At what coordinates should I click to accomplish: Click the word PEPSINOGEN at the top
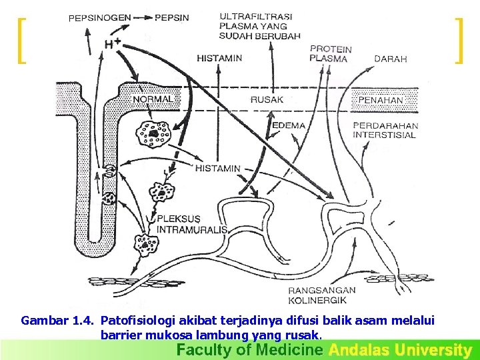coord(99,18)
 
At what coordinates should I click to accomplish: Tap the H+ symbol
coord(113,43)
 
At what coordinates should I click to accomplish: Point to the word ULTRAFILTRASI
coord(255,16)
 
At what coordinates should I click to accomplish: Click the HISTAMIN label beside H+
coord(219,58)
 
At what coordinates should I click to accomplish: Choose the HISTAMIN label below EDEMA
coord(217,169)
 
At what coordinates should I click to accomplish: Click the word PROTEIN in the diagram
coord(331,49)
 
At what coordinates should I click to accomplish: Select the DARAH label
coord(390,59)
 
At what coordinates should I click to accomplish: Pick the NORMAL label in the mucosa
coord(154,99)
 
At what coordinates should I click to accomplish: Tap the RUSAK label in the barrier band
coord(267,99)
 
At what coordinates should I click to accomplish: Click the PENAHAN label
coord(381,100)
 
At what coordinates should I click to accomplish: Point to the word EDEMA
coord(289,125)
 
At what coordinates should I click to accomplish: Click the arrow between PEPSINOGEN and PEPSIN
coord(142,18)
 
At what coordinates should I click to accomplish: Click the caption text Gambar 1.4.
coord(58,321)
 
